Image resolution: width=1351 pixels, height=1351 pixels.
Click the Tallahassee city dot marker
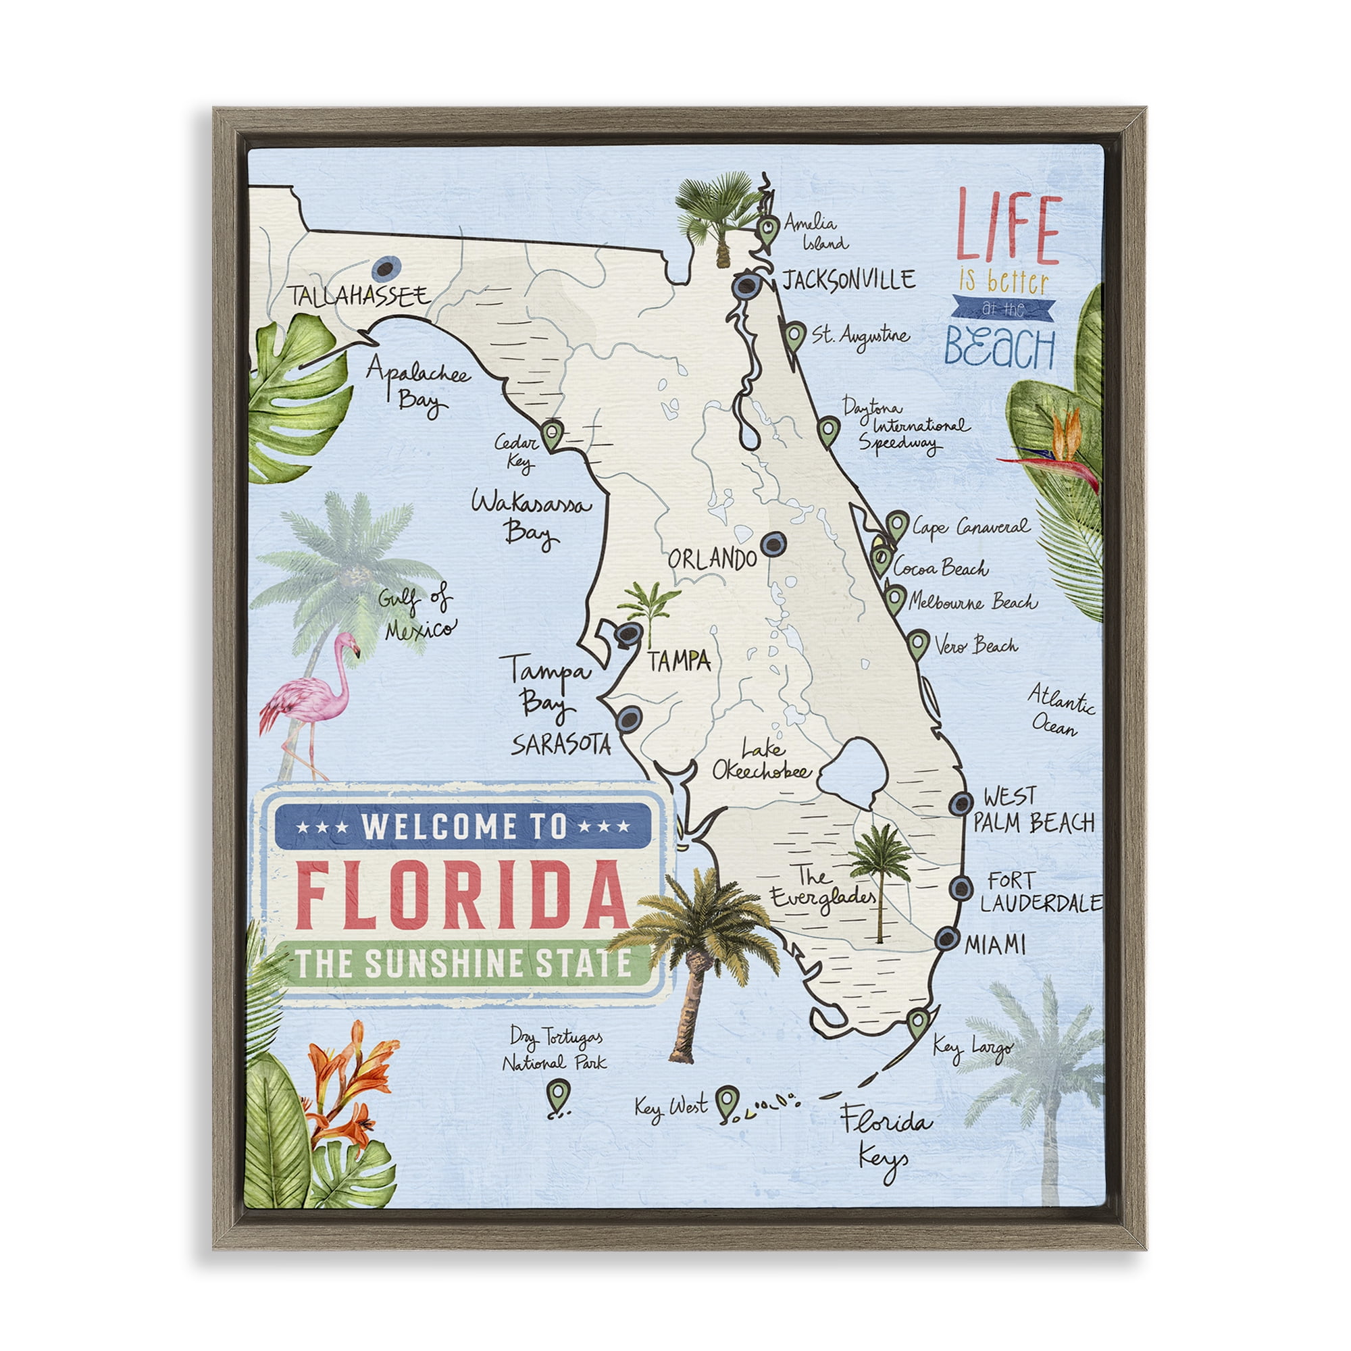pyautogui.click(x=386, y=267)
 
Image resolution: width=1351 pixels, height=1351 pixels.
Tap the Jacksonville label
pyautogui.click(x=848, y=280)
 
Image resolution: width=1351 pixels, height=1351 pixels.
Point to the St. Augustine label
pyautogui.click(x=860, y=335)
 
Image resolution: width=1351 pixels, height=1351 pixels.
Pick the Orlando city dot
pyautogui.click(x=772, y=543)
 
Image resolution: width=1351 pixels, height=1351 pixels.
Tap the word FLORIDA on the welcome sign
pyautogui.click(x=462, y=896)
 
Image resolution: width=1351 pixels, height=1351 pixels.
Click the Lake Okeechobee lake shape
pyautogui.click(x=852, y=773)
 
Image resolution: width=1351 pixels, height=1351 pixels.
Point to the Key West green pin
pyautogui.click(x=728, y=1100)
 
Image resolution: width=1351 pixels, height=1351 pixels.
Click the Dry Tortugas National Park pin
pyautogui.click(x=558, y=1093)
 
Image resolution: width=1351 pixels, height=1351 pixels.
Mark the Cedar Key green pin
pyautogui.click(x=553, y=434)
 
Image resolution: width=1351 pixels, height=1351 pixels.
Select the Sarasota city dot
pyautogui.click(x=629, y=718)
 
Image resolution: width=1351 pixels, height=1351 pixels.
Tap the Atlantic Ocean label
pyautogui.click(x=1060, y=710)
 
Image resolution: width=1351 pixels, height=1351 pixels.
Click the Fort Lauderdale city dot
pyautogui.click(x=961, y=888)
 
